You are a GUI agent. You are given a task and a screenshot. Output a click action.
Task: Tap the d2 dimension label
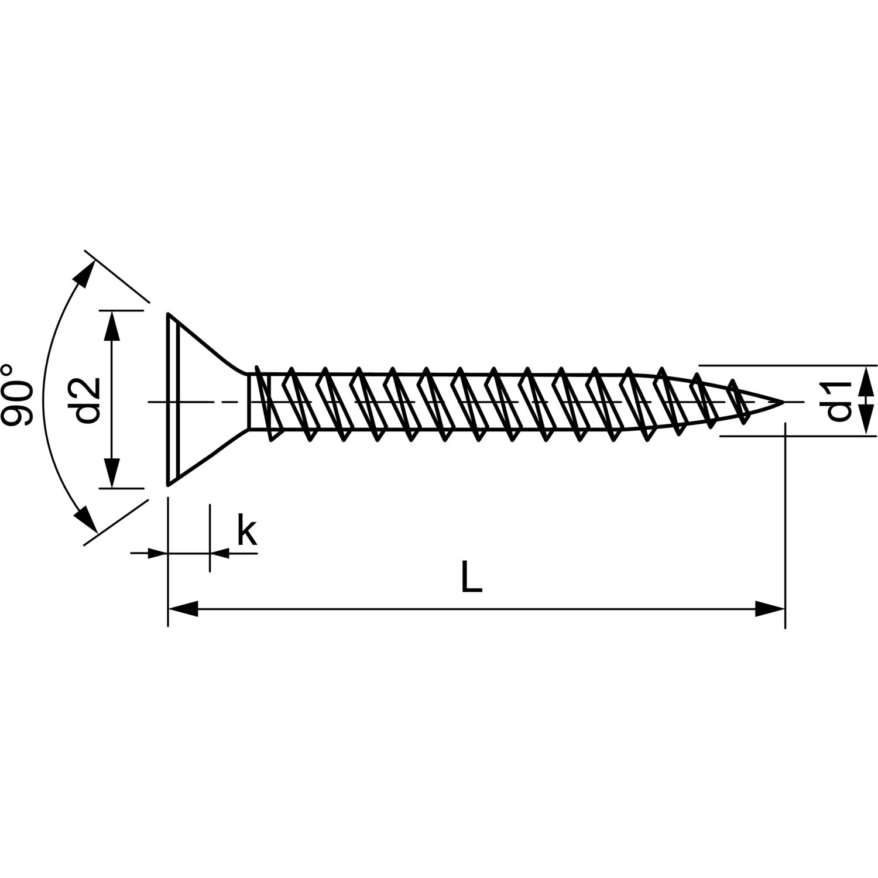click(88, 400)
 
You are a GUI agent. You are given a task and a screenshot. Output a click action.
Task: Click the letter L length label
click(472, 577)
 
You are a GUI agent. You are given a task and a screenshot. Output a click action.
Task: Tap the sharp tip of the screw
click(784, 402)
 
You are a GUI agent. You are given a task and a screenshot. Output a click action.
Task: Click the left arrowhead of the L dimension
click(183, 609)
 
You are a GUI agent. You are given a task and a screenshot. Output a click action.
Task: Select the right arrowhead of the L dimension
click(770, 609)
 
